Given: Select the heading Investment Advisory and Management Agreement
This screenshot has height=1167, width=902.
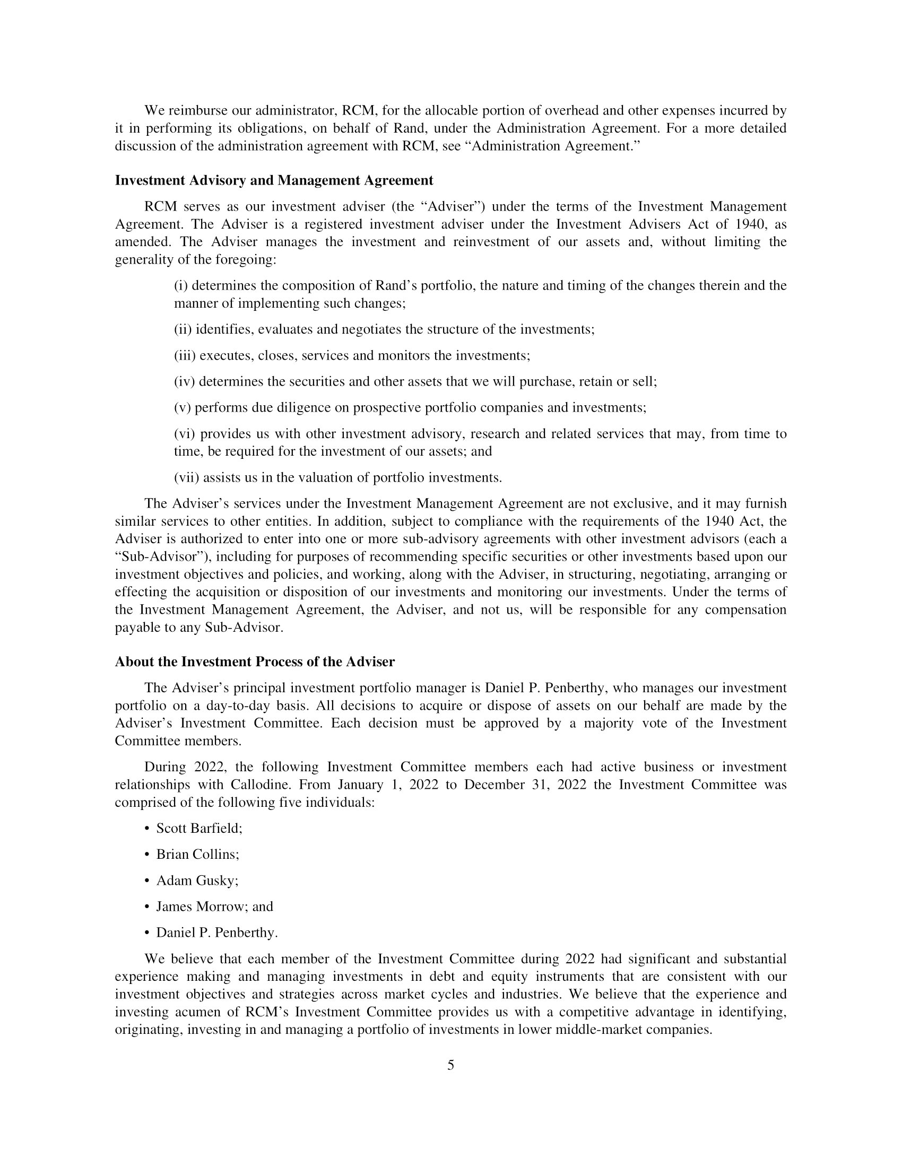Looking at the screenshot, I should (274, 180).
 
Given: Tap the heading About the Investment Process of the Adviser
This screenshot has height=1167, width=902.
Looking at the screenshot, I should (254, 662).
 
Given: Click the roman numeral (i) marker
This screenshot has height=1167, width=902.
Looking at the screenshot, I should (182, 286).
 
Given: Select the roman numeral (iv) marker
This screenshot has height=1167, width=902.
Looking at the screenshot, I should (184, 382).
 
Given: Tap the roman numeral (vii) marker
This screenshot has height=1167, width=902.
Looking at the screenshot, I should (186, 478).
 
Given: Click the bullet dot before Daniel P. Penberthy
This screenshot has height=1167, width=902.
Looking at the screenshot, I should (147, 933).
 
